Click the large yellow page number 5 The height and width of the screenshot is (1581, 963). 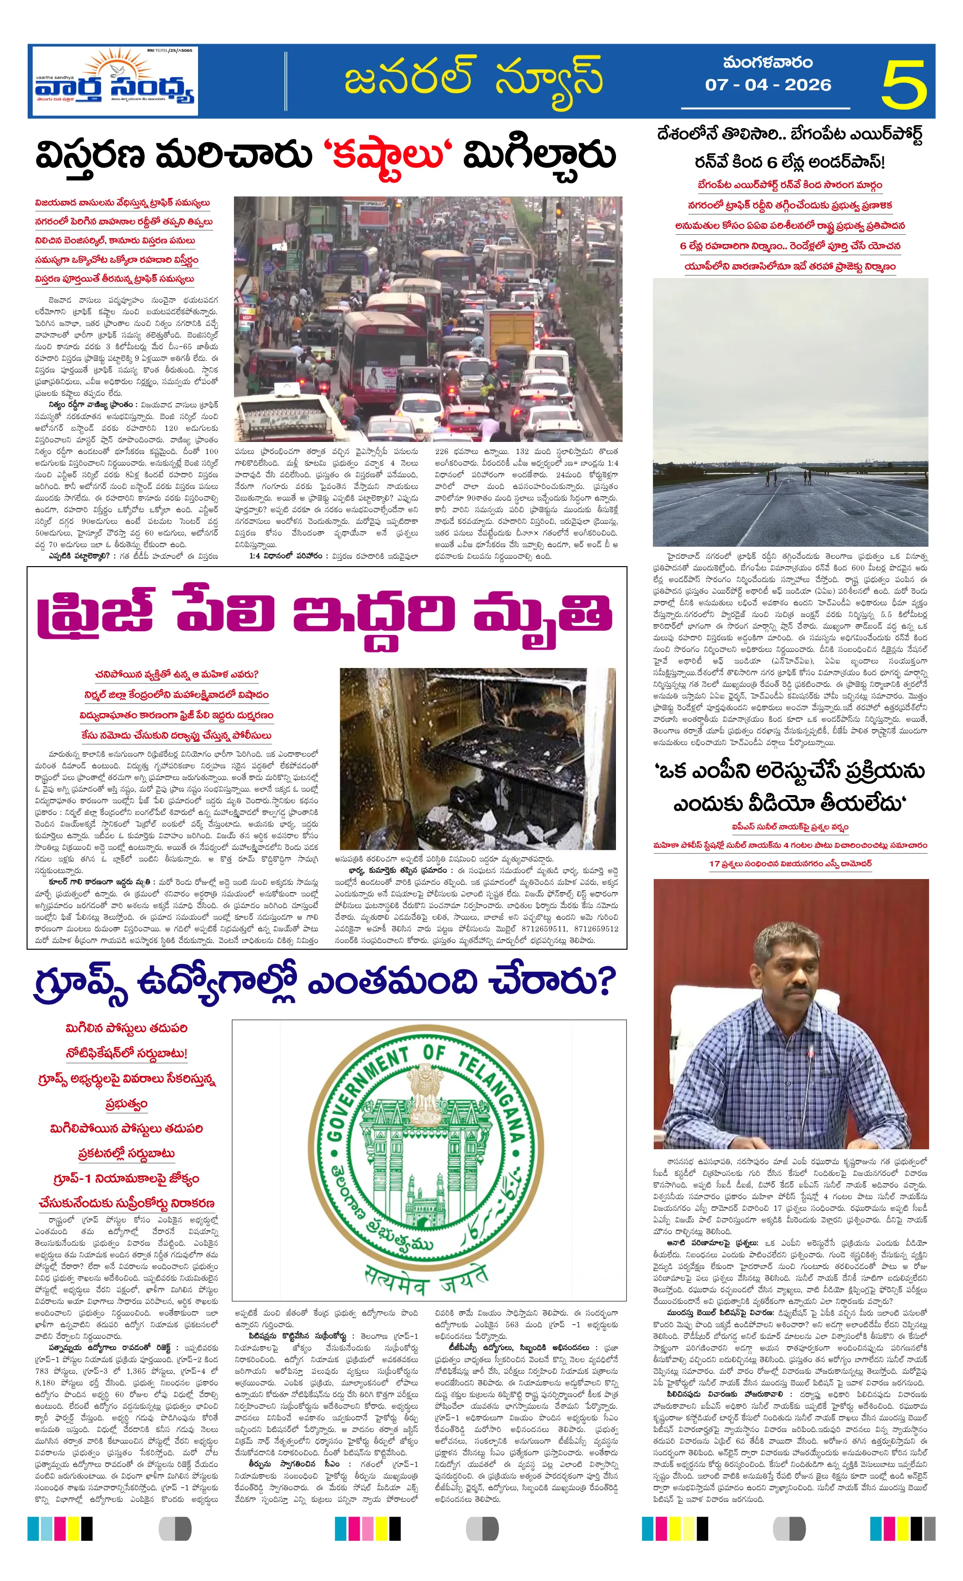point(903,84)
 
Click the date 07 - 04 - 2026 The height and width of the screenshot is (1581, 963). point(768,85)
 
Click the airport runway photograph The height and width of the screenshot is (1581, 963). point(790,412)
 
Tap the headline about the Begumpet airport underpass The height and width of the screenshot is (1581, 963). point(790,147)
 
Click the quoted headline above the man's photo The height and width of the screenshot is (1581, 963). point(790,787)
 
